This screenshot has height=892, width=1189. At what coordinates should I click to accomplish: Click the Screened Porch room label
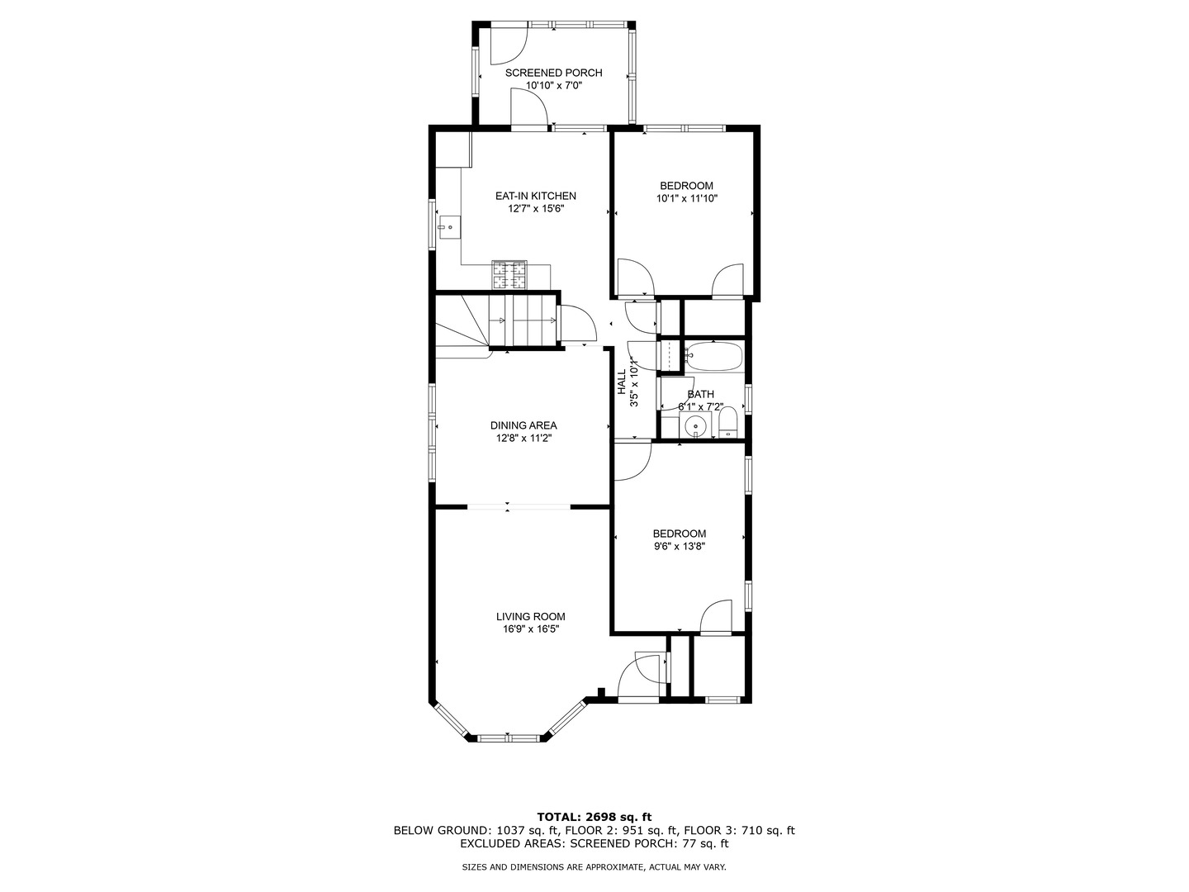pos(553,73)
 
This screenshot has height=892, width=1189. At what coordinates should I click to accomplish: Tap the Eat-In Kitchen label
pos(536,196)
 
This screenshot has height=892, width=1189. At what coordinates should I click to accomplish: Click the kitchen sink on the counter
pos(449,227)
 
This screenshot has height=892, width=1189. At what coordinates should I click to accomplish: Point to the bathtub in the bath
pos(714,356)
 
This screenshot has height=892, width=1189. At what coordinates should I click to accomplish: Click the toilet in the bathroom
pos(728,422)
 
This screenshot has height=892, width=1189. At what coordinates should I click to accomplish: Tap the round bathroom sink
pos(695,425)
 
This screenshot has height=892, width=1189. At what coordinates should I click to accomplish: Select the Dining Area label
pos(523,425)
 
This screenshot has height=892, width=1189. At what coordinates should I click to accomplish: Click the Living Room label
pos(530,616)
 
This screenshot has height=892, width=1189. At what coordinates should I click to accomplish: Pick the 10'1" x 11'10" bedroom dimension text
pos(686,198)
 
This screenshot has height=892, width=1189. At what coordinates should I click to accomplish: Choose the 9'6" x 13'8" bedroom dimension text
pos(679,547)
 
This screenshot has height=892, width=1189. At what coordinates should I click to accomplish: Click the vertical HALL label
pos(622,382)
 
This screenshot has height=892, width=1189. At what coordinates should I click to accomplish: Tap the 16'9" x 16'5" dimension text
pos(530,629)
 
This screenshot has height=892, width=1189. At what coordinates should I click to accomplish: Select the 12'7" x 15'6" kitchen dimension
pos(536,208)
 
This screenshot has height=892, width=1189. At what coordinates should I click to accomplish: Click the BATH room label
pos(700,394)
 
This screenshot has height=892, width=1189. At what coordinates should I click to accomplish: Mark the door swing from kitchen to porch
pos(530,107)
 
